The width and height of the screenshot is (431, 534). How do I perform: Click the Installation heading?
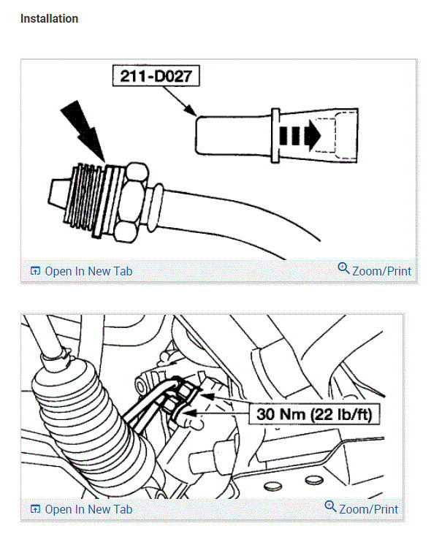[x=49, y=19]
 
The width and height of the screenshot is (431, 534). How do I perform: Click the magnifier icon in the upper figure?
[x=344, y=270]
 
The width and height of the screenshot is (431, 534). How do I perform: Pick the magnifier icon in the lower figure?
[x=330, y=508]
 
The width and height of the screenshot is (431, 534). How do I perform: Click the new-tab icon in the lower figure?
[x=35, y=509]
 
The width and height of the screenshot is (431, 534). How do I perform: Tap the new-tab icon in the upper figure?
[x=35, y=271]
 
